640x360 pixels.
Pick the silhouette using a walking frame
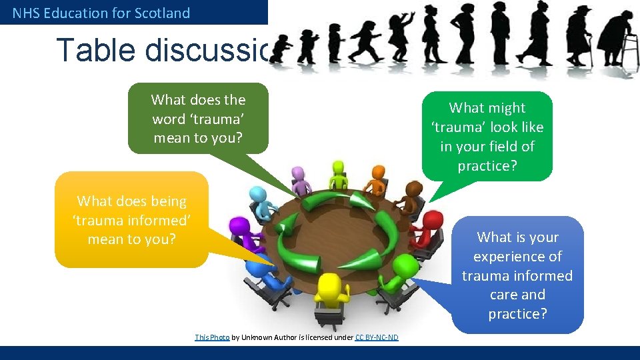[615, 40]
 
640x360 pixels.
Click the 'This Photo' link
[212, 337]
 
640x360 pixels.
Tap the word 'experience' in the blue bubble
[517, 257]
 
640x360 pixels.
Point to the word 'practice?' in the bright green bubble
[487, 165]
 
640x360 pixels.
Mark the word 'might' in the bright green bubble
[507, 108]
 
